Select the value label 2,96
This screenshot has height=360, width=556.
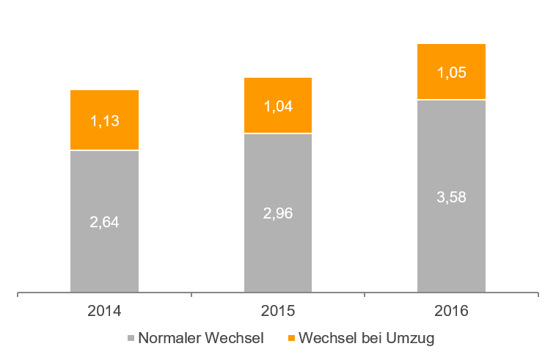point(278,213)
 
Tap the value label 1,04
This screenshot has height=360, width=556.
point(278,106)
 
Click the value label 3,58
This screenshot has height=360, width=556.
point(451,196)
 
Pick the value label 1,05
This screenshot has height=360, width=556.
point(451,73)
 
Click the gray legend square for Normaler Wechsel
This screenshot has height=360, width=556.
point(131,339)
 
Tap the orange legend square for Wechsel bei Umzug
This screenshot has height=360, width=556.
point(291,339)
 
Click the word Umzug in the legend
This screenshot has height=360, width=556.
point(416,339)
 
